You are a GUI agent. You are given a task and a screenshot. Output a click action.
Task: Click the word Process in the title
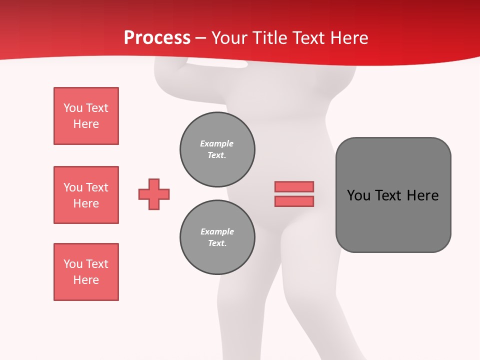pyautogui.click(x=157, y=38)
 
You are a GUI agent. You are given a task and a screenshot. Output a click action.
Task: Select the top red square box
pyautogui.click(x=86, y=116)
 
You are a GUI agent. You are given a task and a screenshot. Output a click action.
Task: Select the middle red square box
pyautogui.click(x=86, y=195)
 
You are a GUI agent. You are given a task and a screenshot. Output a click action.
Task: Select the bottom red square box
pyautogui.click(x=86, y=272)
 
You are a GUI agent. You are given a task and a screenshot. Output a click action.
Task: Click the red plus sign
pyautogui.click(x=154, y=194)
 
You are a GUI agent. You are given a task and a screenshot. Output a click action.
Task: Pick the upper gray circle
pyautogui.click(x=217, y=149)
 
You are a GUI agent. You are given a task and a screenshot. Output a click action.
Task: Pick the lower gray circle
pyautogui.click(x=217, y=237)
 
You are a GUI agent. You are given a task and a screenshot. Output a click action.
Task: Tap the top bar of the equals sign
pyautogui.click(x=294, y=186)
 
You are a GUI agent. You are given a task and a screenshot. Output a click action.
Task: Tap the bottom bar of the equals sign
pyautogui.click(x=294, y=201)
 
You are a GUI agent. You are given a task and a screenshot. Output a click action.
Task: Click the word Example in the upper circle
pyautogui.click(x=216, y=143)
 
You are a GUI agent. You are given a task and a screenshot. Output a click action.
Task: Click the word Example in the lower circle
pyautogui.click(x=217, y=231)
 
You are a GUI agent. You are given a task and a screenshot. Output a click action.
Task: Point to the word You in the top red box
pyautogui.click(x=73, y=108)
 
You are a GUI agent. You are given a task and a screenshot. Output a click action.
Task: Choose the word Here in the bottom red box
pyautogui.click(x=86, y=280)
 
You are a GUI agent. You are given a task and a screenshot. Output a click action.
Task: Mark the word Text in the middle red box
pyautogui.click(x=97, y=187)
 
